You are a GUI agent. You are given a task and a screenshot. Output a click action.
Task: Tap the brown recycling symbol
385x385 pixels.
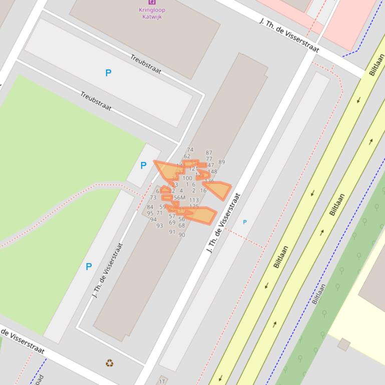tap(110, 363)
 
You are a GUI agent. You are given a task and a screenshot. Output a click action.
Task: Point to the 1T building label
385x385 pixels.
tap(162, 381)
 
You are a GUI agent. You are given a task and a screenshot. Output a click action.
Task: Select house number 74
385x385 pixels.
tap(190, 149)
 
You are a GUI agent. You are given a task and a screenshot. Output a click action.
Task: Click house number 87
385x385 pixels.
tap(209, 153)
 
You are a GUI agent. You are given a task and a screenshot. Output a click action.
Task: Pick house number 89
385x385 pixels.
tap(221, 162)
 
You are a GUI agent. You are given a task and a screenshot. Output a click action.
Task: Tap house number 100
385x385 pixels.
tap(187, 178)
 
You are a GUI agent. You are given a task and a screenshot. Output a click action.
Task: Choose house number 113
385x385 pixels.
tap(194, 200)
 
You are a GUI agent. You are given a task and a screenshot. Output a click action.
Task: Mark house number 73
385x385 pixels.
tap(153, 197)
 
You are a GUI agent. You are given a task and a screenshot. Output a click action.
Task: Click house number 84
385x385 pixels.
tap(150, 207)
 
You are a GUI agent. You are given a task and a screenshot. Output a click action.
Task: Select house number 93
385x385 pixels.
tap(160, 225)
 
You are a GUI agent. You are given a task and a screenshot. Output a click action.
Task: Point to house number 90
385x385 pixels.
tap(182, 234)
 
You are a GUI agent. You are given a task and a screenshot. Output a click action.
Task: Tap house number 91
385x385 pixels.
tap(172, 231)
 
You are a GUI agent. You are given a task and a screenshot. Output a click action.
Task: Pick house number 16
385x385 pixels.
tap(203, 190)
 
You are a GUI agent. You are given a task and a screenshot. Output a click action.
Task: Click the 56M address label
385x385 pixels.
tap(179, 198)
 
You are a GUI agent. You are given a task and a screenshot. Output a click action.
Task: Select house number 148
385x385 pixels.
tap(212, 172)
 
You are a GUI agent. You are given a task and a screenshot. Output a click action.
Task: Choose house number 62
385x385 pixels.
tap(187, 156)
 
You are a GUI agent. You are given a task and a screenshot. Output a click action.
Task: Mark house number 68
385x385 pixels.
tap(182, 225)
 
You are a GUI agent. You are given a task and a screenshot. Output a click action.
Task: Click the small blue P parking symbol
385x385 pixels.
tap(245, 222)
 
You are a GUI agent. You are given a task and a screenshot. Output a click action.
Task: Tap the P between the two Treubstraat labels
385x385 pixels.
tap(108, 73)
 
